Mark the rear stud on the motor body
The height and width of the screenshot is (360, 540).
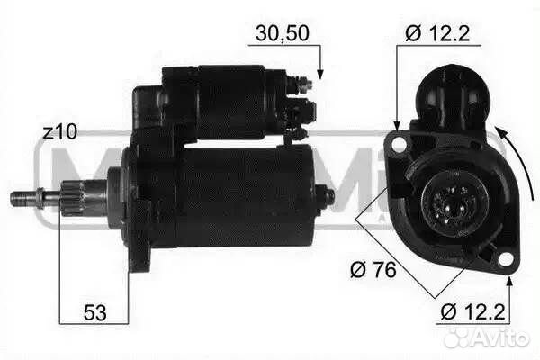coord(326,196)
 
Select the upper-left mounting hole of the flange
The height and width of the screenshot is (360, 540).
coord(397,144)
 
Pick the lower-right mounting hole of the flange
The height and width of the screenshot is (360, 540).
coord(507,261)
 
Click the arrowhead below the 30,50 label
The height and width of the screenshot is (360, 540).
coord(319,73)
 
